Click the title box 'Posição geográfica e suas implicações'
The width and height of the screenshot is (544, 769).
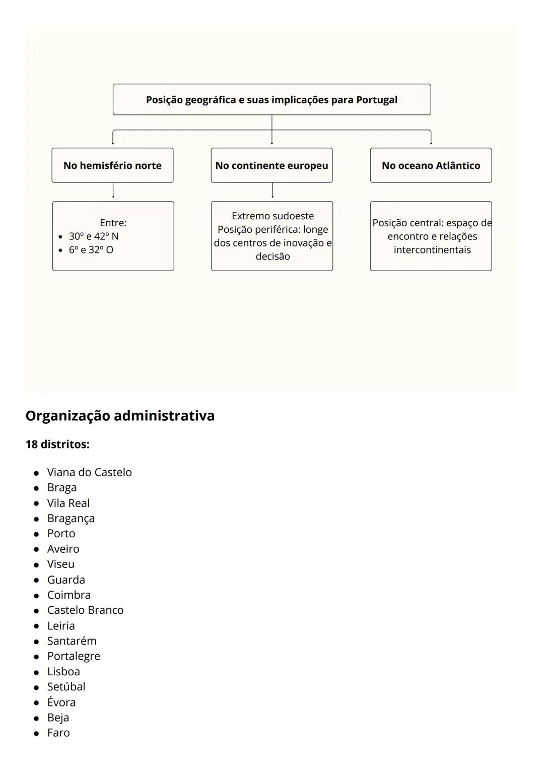tap(271, 100)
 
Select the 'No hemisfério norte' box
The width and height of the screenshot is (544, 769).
tap(112, 165)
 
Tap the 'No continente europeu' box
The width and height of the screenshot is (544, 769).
tap(271, 165)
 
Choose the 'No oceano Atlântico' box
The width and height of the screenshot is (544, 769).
tap(431, 165)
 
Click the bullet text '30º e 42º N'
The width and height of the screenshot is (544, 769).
tap(94, 236)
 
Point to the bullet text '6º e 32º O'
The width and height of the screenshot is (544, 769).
tap(91, 250)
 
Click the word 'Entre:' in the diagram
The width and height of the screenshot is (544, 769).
tap(113, 223)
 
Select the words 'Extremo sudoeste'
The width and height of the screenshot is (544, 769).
tap(273, 216)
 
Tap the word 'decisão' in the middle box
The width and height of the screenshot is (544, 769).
tap(273, 257)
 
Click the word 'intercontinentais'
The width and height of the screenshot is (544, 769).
tap(432, 250)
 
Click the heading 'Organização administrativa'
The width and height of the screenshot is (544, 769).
tap(120, 416)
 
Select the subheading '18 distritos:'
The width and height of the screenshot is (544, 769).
tap(57, 444)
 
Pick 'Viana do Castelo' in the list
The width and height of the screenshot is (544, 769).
tap(89, 473)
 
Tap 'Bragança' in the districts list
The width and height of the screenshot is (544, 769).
tap(71, 519)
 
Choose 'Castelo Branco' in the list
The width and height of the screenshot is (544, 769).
tap(85, 610)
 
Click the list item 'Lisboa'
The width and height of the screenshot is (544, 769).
tap(63, 672)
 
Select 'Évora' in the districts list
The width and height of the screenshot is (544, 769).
tap(61, 702)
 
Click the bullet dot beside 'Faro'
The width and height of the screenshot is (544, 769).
tap(36, 734)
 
